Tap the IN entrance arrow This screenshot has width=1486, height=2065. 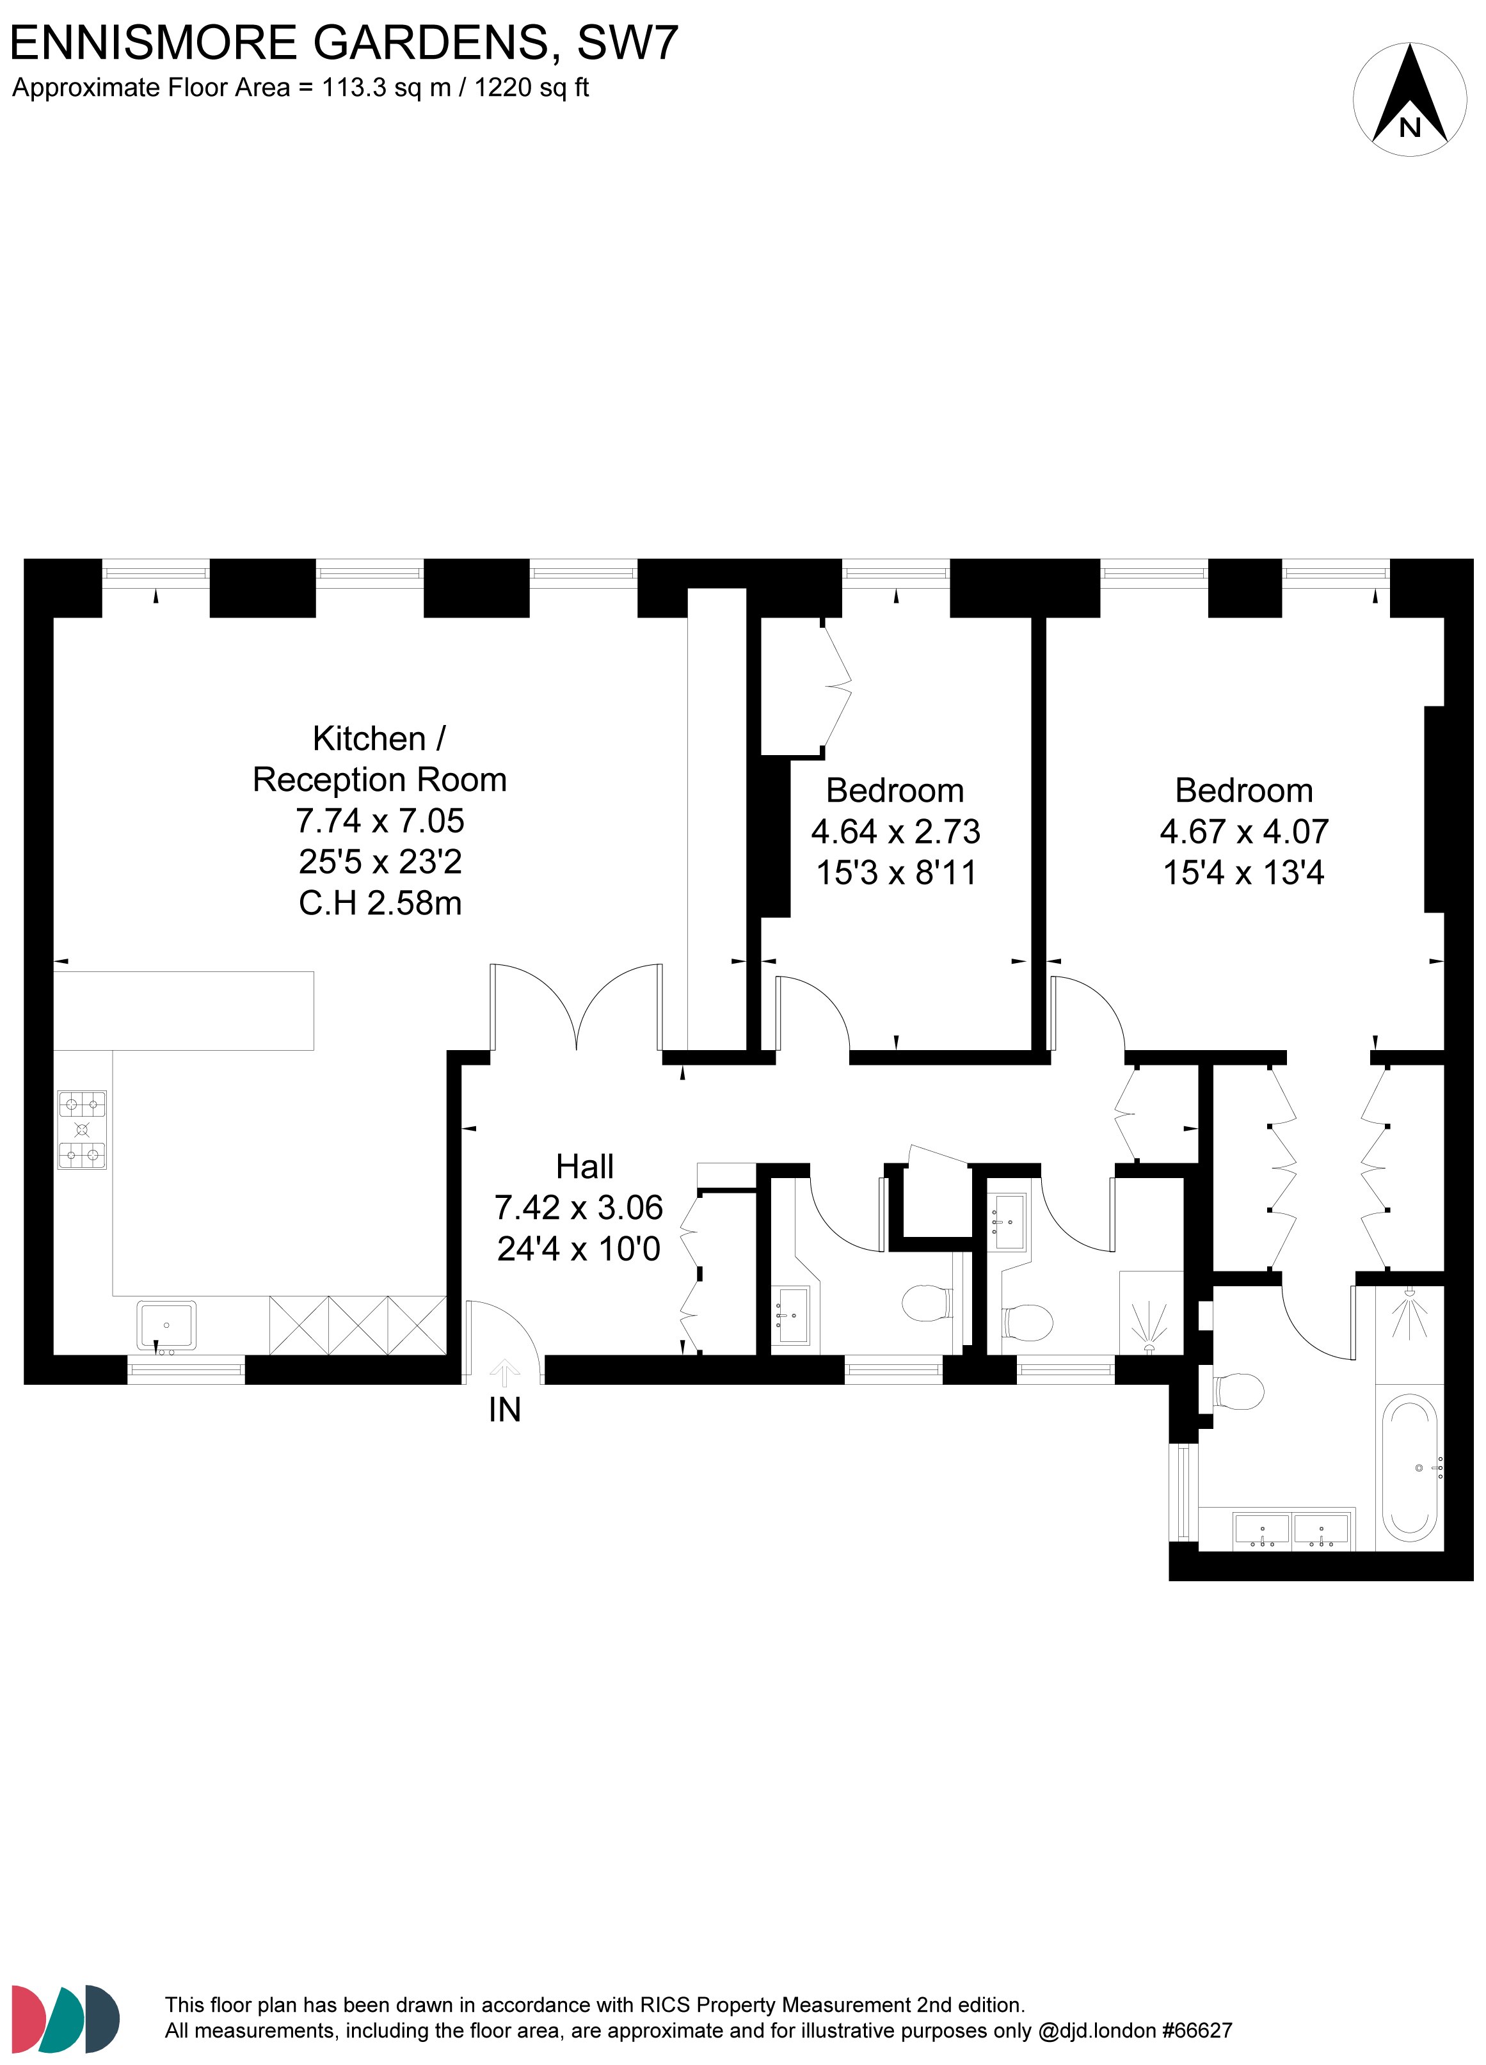[x=504, y=1373]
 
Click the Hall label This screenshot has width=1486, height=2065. [x=584, y=1167]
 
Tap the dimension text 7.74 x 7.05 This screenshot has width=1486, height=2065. [x=379, y=820]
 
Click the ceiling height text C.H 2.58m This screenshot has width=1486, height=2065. [x=379, y=903]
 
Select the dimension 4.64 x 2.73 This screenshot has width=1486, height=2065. [x=895, y=831]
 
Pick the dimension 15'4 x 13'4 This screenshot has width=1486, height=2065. [x=1244, y=872]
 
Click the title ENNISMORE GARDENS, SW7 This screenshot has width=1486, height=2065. [x=344, y=43]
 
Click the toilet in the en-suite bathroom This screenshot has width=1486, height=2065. [x=1240, y=1391]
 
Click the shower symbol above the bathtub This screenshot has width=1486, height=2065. [x=1409, y=1313]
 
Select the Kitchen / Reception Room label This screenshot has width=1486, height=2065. [x=379, y=758]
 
